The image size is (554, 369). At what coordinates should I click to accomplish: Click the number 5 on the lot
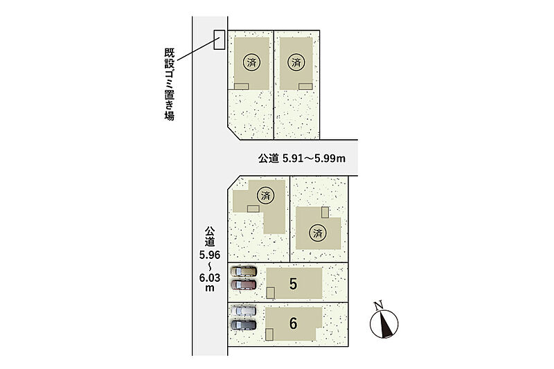(x=293, y=284)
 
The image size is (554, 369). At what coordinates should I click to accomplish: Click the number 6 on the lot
(x=293, y=323)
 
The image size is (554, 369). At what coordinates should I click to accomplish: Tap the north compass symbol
(x=384, y=324)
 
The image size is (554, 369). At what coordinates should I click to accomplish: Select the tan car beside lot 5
(x=244, y=271)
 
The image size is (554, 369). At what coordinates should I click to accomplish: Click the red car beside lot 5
(x=244, y=285)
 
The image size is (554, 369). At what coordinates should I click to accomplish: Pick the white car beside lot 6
(x=244, y=311)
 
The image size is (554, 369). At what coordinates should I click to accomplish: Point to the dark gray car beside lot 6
(x=244, y=325)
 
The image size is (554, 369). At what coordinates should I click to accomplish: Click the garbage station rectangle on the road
(x=219, y=39)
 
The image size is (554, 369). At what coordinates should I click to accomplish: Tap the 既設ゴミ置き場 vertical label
(x=169, y=84)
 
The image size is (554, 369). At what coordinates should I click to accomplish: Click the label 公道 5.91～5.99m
(x=302, y=159)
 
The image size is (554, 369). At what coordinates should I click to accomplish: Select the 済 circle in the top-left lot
(x=251, y=62)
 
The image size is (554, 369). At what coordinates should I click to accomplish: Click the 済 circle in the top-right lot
(x=296, y=62)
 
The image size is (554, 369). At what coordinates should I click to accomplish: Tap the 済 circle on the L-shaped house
(x=266, y=195)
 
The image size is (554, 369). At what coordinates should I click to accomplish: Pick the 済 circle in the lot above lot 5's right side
(x=318, y=233)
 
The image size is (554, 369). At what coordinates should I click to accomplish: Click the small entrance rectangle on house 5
(x=270, y=293)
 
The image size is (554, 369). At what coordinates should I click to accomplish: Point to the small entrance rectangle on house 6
(x=269, y=334)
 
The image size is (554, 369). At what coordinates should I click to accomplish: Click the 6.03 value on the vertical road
(x=210, y=278)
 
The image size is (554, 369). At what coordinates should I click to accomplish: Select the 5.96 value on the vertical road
(x=210, y=255)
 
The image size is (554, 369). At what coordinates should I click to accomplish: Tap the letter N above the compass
(x=379, y=305)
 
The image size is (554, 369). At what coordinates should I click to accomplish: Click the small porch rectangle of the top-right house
(x=305, y=87)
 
